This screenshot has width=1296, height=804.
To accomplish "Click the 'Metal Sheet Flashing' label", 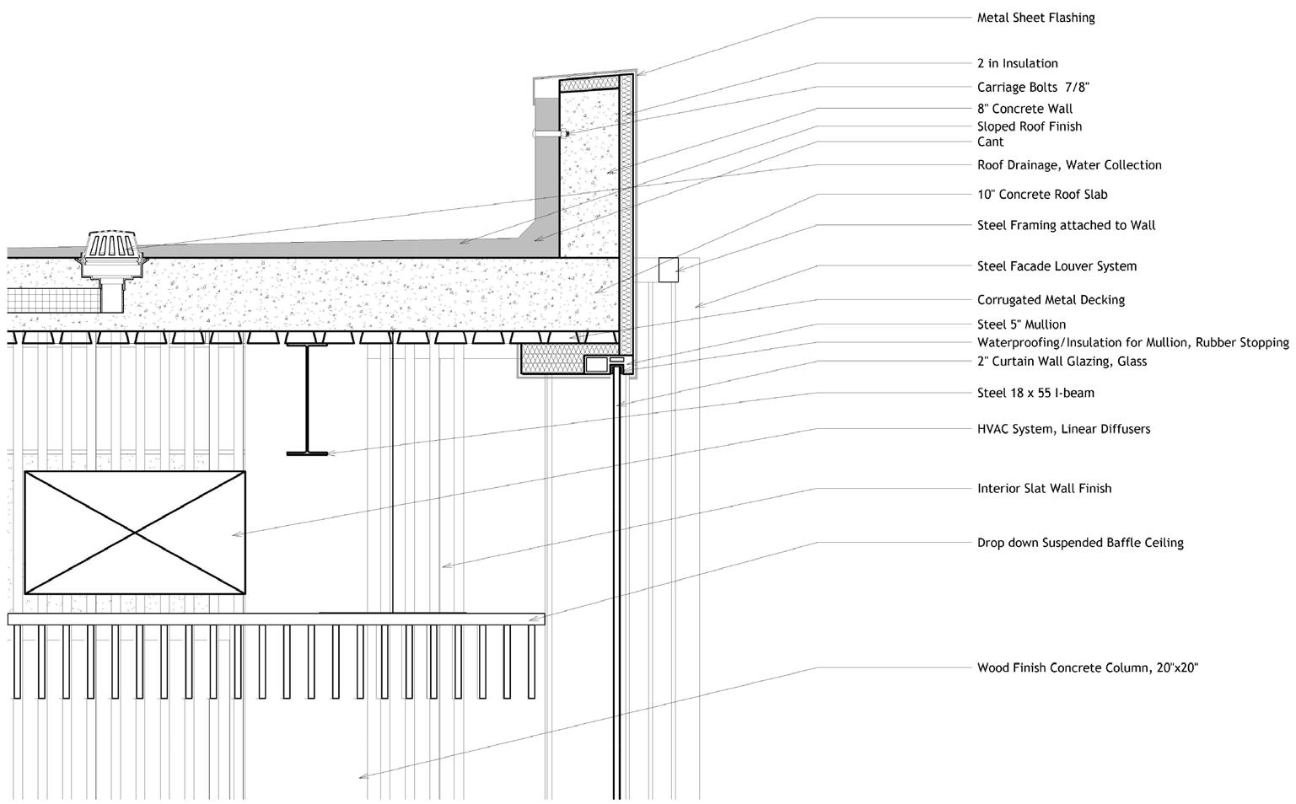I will click(x=1035, y=18).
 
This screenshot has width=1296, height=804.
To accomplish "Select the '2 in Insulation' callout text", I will click(x=1017, y=63).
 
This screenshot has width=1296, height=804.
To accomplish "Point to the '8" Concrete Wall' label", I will click(x=1024, y=109).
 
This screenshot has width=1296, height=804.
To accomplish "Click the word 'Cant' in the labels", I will click(x=990, y=142).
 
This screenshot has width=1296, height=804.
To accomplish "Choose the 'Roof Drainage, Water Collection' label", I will click(x=1069, y=165).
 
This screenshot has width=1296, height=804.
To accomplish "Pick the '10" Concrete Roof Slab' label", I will click(x=1042, y=195).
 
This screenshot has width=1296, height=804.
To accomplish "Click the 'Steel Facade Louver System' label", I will click(x=1057, y=266).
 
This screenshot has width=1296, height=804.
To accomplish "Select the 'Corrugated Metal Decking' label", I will click(x=1051, y=300).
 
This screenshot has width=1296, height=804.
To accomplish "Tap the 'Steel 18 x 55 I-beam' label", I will click(x=1035, y=393).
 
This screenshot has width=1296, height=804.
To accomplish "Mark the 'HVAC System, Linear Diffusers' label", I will click(x=1063, y=429).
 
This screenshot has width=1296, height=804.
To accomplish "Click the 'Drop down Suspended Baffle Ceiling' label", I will click(x=1080, y=543).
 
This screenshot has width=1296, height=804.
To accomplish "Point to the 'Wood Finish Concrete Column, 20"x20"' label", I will click(x=1088, y=668).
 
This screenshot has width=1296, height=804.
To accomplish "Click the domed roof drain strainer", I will click(x=111, y=245).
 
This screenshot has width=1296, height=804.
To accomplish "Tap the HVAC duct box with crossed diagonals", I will click(x=135, y=533).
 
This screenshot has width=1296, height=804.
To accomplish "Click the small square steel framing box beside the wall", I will click(x=668, y=270).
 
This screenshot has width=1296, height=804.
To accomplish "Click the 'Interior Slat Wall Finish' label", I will click(x=1044, y=489).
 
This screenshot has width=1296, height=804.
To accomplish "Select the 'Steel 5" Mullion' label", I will click(x=1021, y=324).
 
